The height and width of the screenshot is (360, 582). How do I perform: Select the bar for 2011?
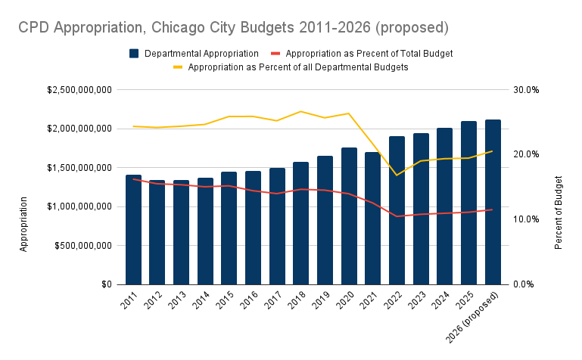click(x=133, y=230)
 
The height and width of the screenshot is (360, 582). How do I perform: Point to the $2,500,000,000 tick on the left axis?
click(x=79, y=89)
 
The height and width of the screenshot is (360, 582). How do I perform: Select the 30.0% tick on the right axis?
click(x=525, y=89)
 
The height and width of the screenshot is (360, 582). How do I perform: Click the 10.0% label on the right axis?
click(x=525, y=219)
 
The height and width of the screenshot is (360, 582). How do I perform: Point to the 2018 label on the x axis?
click(x=298, y=300)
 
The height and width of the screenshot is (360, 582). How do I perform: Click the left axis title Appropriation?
click(x=23, y=224)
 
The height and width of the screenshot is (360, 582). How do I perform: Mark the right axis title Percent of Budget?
click(x=559, y=213)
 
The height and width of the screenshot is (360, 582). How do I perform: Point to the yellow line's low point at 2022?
click(x=397, y=175)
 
